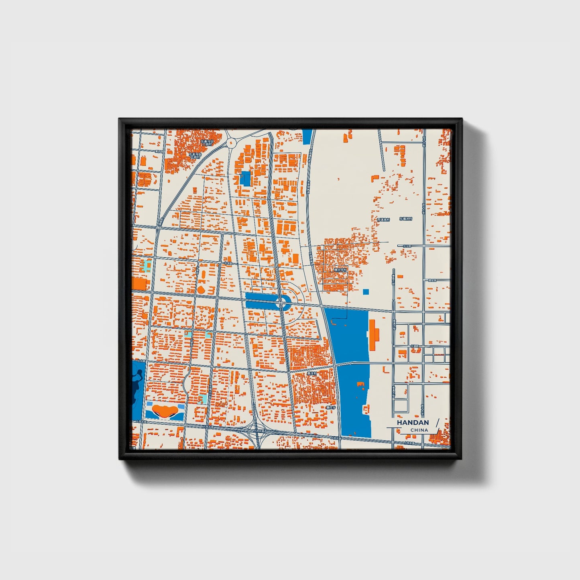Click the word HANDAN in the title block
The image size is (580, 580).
click(x=413, y=423)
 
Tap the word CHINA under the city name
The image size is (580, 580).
click(x=419, y=430)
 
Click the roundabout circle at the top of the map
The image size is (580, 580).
click(x=231, y=142)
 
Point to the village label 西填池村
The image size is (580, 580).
click(x=383, y=220)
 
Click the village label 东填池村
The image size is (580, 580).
click(x=406, y=219)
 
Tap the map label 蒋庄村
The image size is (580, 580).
click(x=312, y=373)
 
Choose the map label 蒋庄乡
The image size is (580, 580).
click(x=330, y=407)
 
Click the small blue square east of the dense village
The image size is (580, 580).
click(x=366, y=292)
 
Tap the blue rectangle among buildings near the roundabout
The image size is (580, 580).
click(x=245, y=178)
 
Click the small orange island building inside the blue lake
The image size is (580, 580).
click(x=360, y=385)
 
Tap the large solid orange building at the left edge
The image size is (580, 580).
click(x=140, y=284)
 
